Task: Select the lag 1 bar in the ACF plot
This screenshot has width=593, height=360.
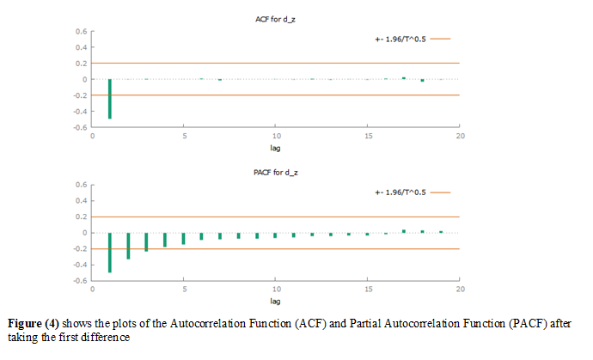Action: pos(110,98)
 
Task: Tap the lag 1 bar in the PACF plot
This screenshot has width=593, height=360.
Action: pos(110,252)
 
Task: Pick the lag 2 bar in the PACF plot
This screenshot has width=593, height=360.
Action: pos(128,245)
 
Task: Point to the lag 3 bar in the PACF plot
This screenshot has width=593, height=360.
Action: pos(147,241)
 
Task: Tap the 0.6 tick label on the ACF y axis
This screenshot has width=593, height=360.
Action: pos(78,32)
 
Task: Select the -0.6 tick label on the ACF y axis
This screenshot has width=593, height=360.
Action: pos(76,127)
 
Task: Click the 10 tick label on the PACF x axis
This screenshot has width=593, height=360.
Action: pos(276,290)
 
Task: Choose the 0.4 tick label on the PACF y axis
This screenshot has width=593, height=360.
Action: pos(78,201)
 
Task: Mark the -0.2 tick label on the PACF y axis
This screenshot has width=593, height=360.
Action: pos(76,249)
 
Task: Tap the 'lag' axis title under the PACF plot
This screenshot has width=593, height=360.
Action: pos(276,302)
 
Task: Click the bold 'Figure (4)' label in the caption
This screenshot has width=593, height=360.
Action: pos(36,322)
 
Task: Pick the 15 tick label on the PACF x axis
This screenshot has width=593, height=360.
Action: pos(368,290)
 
